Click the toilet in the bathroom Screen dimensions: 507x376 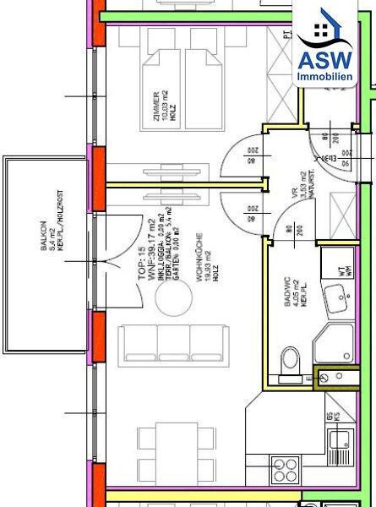289,359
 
